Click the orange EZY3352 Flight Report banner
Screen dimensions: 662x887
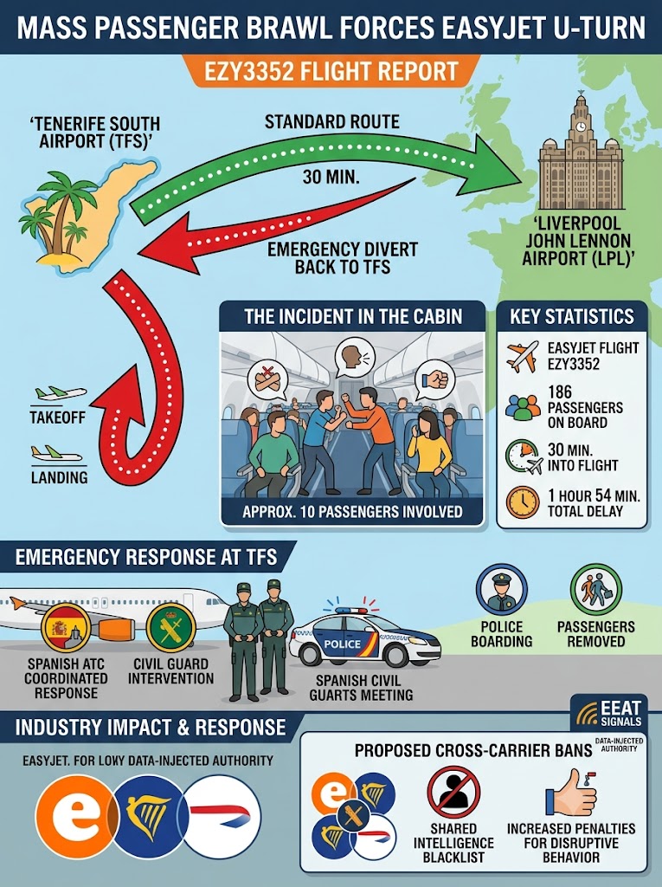point(331,71)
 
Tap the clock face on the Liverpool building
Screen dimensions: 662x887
point(581,126)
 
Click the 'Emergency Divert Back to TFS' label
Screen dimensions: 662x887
point(342,258)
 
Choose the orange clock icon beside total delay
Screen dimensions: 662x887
point(523,502)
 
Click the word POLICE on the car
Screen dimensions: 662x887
point(342,644)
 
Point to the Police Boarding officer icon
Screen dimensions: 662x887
point(501,589)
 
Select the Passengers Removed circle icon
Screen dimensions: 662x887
point(596,589)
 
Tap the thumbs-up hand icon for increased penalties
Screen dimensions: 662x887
point(571,793)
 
